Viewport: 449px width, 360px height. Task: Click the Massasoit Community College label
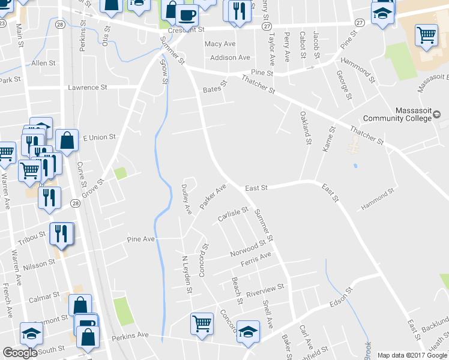pyautogui.click(x=414, y=114)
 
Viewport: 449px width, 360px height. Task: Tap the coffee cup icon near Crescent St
pyautogui.click(x=187, y=15)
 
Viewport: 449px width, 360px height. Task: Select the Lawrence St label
pyautogui.click(x=87, y=87)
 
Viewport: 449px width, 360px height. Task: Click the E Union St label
pyautogui.click(x=99, y=137)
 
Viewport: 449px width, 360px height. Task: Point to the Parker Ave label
pyautogui.click(x=212, y=197)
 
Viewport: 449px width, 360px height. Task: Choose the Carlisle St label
pyautogui.click(x=233, y=214)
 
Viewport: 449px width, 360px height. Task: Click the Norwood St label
pyautogui.click(x=248, y=249)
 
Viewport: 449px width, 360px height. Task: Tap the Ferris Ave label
pyautogui.click(x=256, y=260)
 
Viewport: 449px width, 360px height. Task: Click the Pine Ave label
pyautogui.click(x=141, y=239)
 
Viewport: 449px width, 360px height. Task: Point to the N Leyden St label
pyautogui.click(x=187, y=274)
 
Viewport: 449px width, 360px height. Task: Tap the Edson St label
pyautogui.click(x=340, y=298)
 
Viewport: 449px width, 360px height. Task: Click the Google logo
pyautogui.click(x=20, y=353)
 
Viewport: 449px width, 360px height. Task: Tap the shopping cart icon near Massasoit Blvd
pyautogui.click(x=426, y=35)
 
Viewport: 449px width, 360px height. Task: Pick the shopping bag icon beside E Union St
pyautogui.click(x=67, y=140)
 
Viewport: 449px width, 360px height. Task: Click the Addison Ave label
pyautogui.click(x=230, y=58)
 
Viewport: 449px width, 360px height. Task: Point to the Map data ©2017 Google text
pyautogui.click(x=412, y=355)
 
